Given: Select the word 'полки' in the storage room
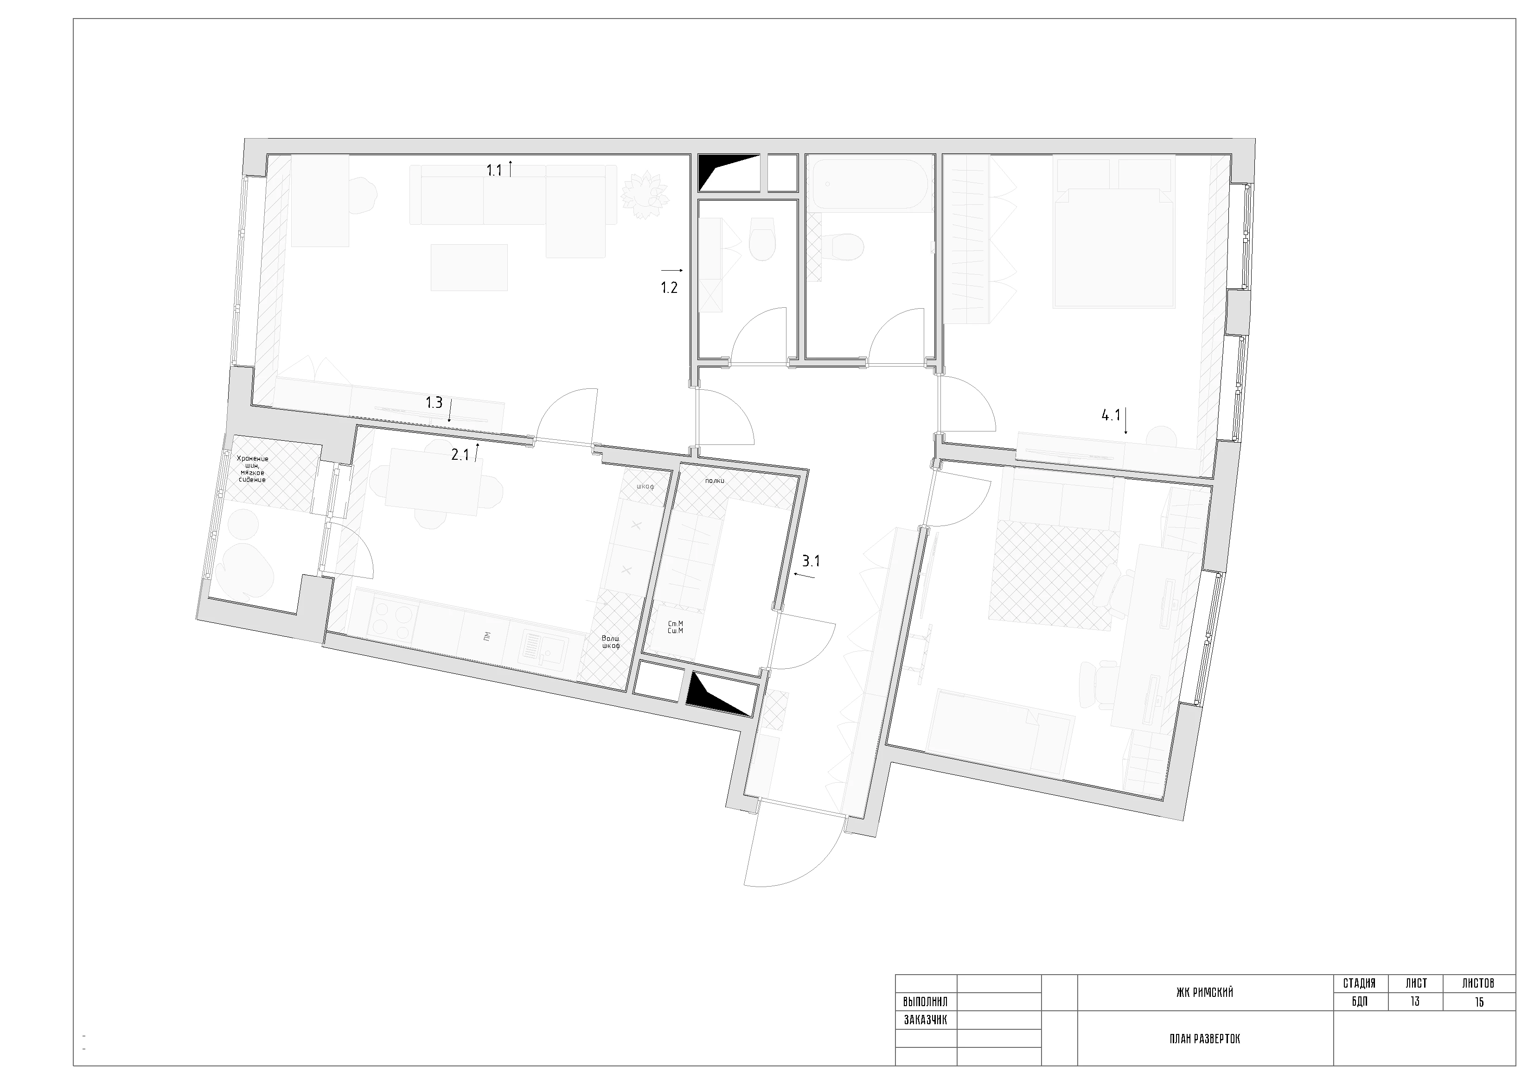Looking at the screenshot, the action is (x=714, y=481).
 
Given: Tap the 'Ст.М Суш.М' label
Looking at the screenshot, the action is (x=676, y=627).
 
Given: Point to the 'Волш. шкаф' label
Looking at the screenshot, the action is (x=611, y=642).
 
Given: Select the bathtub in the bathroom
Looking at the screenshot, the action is (x=869, y=185).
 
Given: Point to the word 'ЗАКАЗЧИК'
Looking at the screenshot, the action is (x=925, y=1020).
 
